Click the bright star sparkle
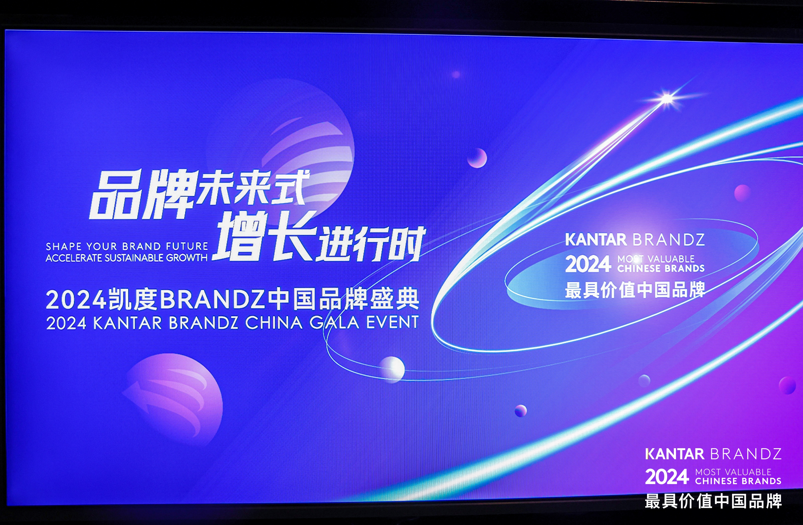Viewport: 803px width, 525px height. [x=667, y=99]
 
